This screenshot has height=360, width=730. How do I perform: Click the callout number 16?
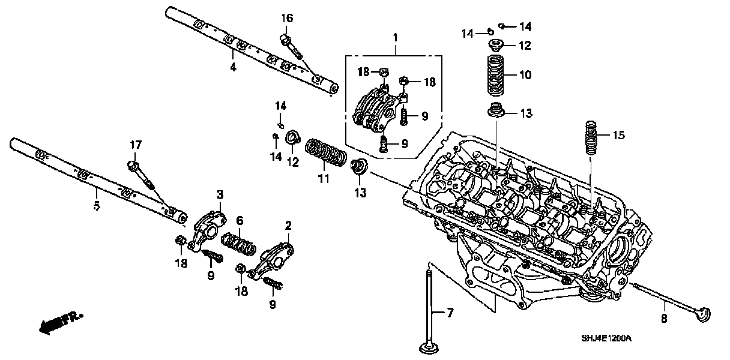click(287, 19)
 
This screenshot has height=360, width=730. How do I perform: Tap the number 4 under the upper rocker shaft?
click(233, 67)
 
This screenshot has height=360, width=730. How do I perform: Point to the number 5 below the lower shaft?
click(97, 206)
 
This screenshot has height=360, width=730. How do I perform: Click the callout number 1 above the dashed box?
click(395, 38)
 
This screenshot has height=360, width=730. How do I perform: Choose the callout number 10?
click(525, 75)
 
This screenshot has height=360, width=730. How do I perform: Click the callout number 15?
click(618, 136)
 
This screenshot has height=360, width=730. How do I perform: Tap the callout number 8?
click(664, 319)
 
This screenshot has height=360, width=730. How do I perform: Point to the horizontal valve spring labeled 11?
click(325, 153)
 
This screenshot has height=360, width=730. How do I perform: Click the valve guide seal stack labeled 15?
click(591, 137)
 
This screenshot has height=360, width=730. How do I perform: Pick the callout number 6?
click(239, 221)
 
